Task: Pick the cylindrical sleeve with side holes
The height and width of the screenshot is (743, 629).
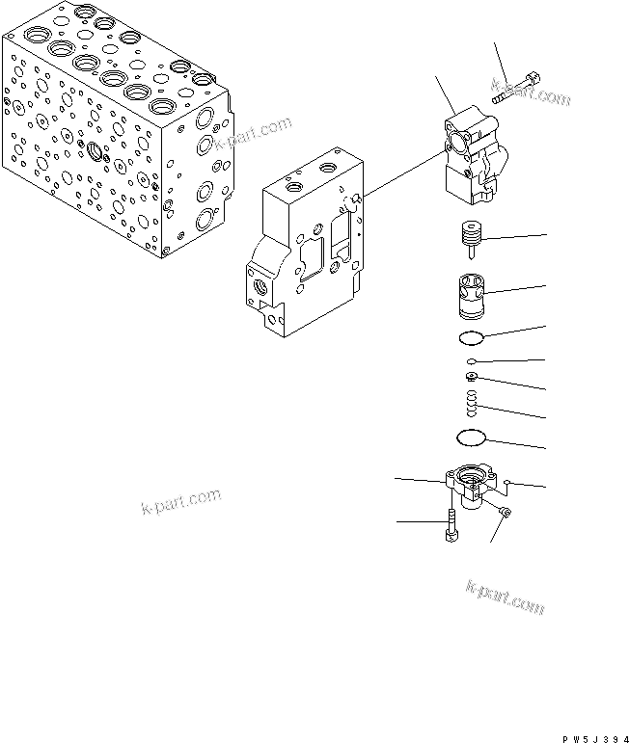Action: coord(470,294)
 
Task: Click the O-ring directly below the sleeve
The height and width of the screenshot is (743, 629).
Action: coord(470,338)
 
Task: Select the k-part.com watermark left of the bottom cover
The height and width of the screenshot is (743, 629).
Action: coord(180,502)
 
